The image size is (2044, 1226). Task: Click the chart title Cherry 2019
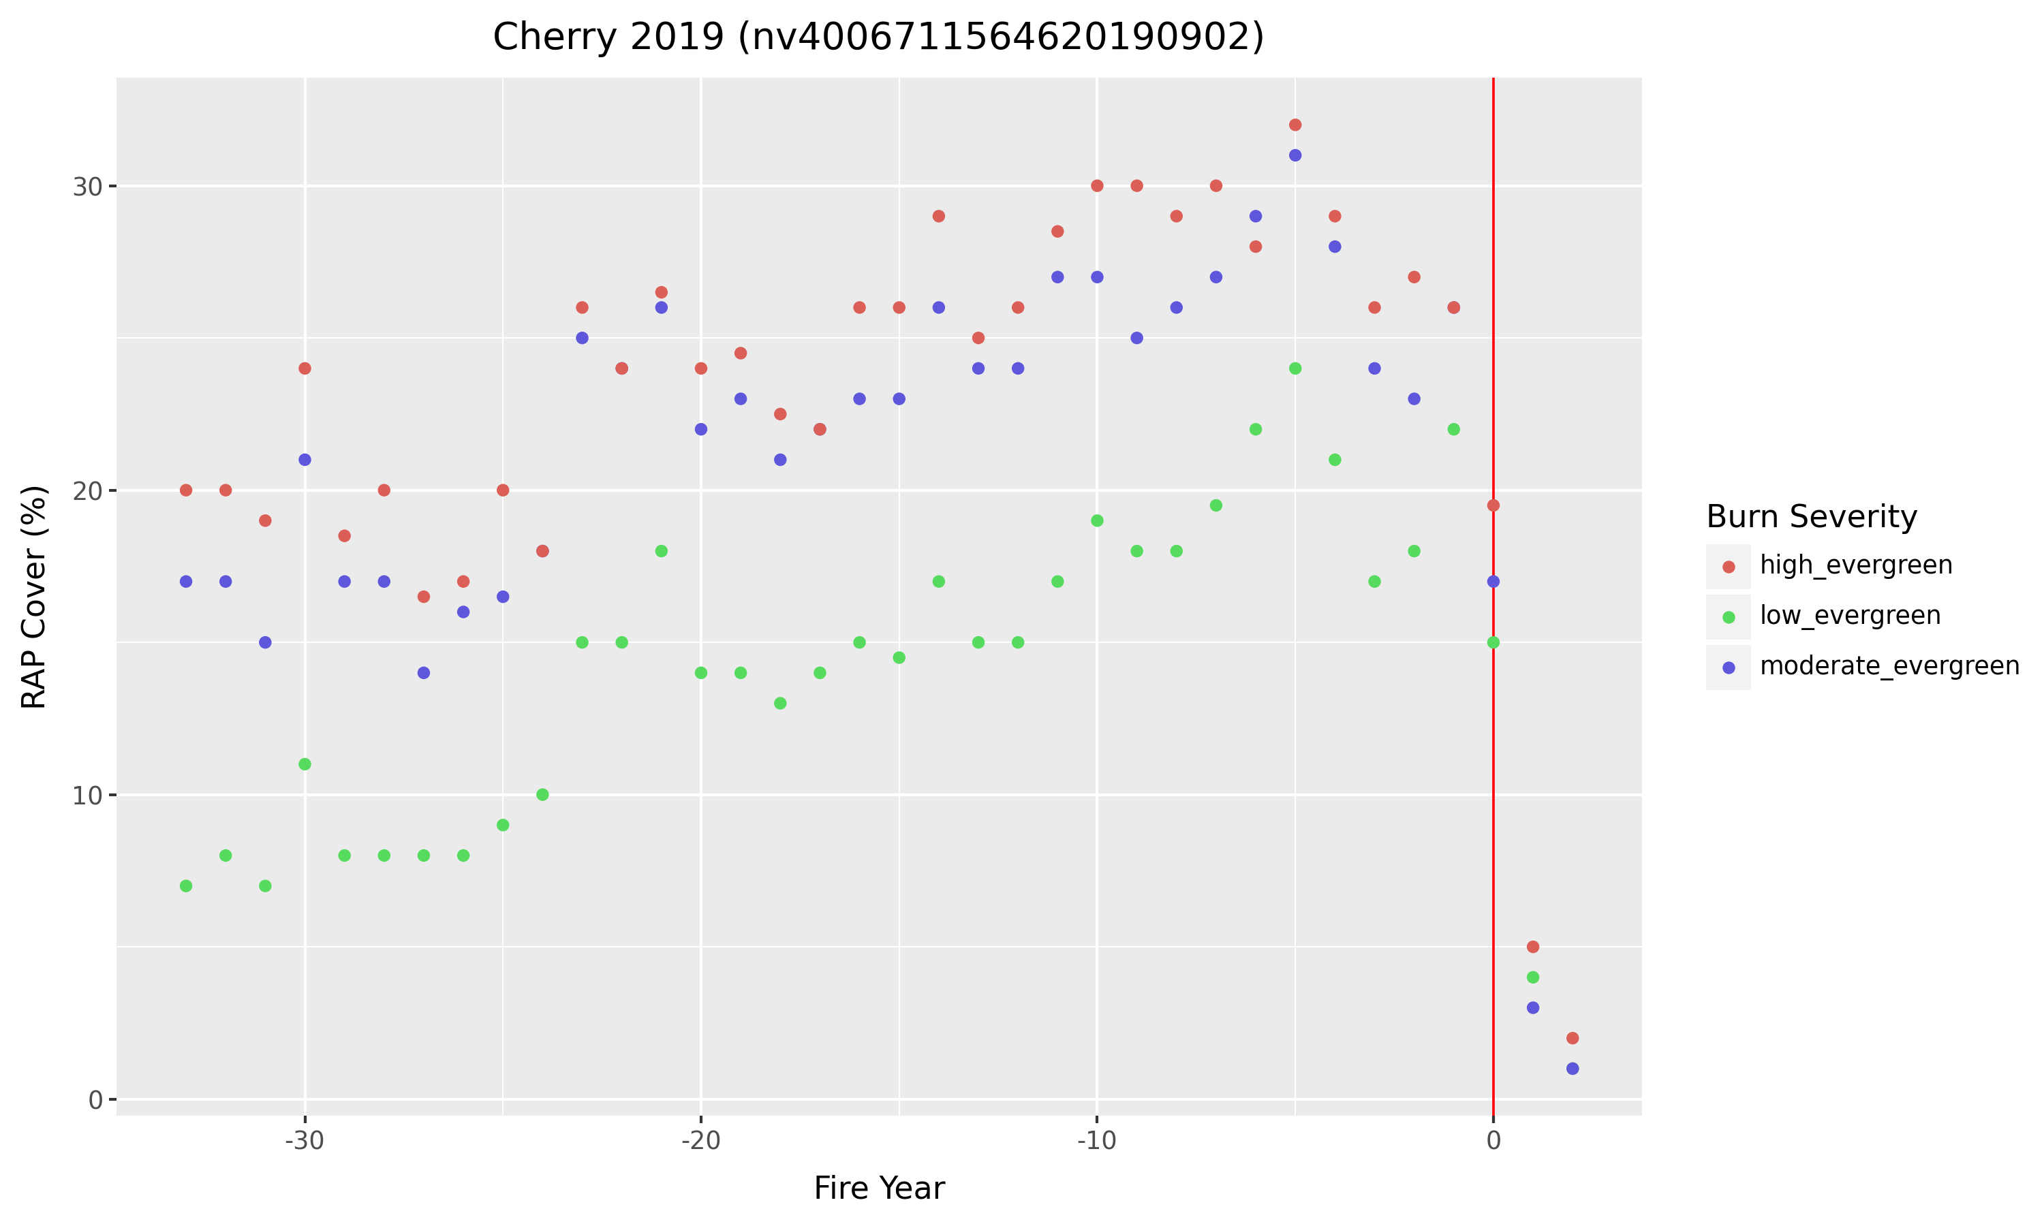[878, 37]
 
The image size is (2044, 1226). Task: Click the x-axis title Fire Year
[878, 1188]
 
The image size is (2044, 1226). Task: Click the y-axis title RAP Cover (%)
[34, 597]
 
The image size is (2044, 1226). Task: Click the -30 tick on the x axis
[304, 1141]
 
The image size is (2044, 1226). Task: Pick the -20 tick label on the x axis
[700, 1141]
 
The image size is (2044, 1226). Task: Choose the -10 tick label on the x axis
[1096, 1141]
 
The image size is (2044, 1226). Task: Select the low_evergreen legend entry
[1850, 616]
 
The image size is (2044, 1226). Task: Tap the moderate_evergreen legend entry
[1889, 666]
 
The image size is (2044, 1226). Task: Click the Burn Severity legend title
[1811, 516]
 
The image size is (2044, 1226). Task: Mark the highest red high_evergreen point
[1295, 125]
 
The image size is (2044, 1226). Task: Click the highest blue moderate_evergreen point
[1295, 155]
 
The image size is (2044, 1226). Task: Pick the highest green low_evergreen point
[1295, 368]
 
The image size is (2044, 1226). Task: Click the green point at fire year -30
[305, 764]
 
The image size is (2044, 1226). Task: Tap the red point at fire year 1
[1532, 947]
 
